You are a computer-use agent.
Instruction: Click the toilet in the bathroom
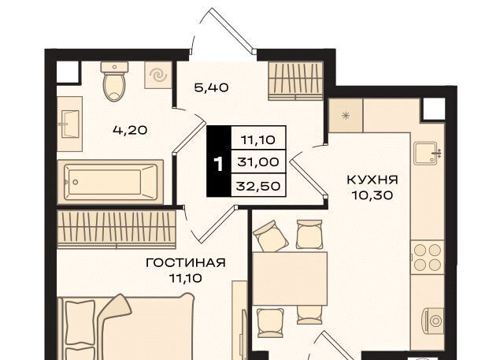pos(114,81)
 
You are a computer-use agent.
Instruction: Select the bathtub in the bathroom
pos(110,182)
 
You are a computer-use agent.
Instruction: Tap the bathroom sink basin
pos(70,124)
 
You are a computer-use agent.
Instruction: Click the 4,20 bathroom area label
pos(130,130)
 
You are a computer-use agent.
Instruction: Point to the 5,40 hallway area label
pos(211,87)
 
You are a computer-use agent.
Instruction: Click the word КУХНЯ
pos(372,180)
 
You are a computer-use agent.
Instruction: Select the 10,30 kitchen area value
pos(372,195)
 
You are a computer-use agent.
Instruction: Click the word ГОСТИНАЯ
pos(186,263)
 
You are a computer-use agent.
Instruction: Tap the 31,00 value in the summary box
pos(258,162)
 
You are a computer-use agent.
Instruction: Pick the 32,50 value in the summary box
pos(258,186)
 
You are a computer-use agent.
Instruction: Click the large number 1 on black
pos(218,164)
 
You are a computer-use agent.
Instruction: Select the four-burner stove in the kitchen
pos(428,258)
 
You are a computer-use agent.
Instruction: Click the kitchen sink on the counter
pos(428,154)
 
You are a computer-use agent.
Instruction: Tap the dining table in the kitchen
pos(290,278)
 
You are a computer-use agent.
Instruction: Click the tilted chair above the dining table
pos(271,236)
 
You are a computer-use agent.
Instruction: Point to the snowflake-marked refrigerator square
pos(346,116)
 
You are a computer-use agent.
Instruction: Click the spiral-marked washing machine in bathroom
pos(158,76)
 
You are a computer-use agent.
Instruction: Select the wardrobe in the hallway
pos(295,81)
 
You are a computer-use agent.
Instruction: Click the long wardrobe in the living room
pos(117,229)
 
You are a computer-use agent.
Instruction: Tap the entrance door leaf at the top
pos(233,30)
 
